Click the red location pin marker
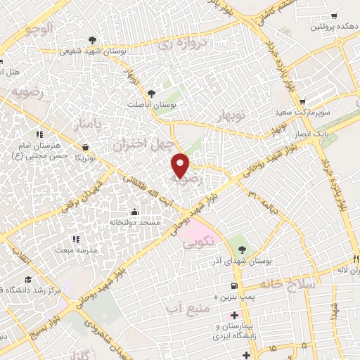point(181,166)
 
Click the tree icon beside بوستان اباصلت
point(151,92)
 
